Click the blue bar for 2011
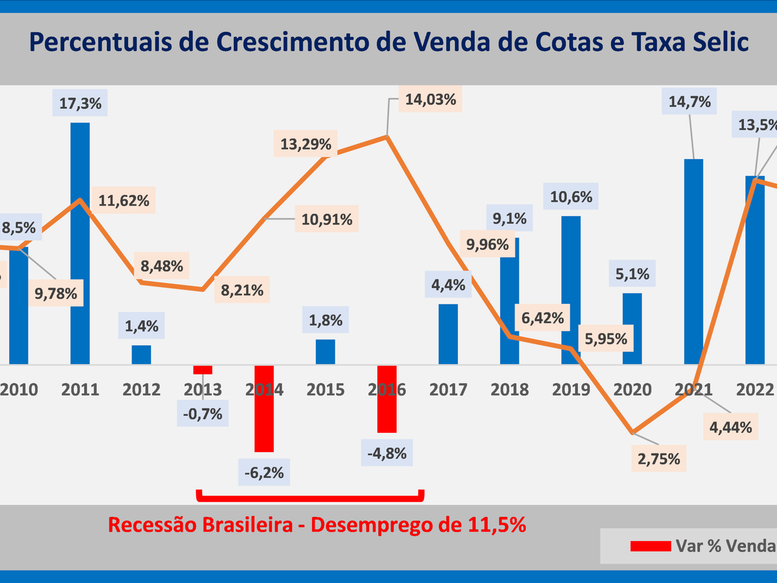[x=80, y=243]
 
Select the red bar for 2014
[x=264, y=408]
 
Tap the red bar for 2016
[x=387, y=398]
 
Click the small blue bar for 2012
[x=141, y=354]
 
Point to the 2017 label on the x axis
[x=449, y=390]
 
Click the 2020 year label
[x=633, y=390]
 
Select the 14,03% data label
[x=431, y=100]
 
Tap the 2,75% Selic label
[x=659, y=459]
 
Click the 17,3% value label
[x=80, y=103]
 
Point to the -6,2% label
[x=264, y=473]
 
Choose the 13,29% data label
[x=306, y=143]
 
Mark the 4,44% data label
[x=730, y=427]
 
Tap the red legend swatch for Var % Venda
[x=650, y=546]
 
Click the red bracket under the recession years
[x=310, y=497]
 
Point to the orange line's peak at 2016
[x=387, y=136]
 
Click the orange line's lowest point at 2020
[x=633, y=432]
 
